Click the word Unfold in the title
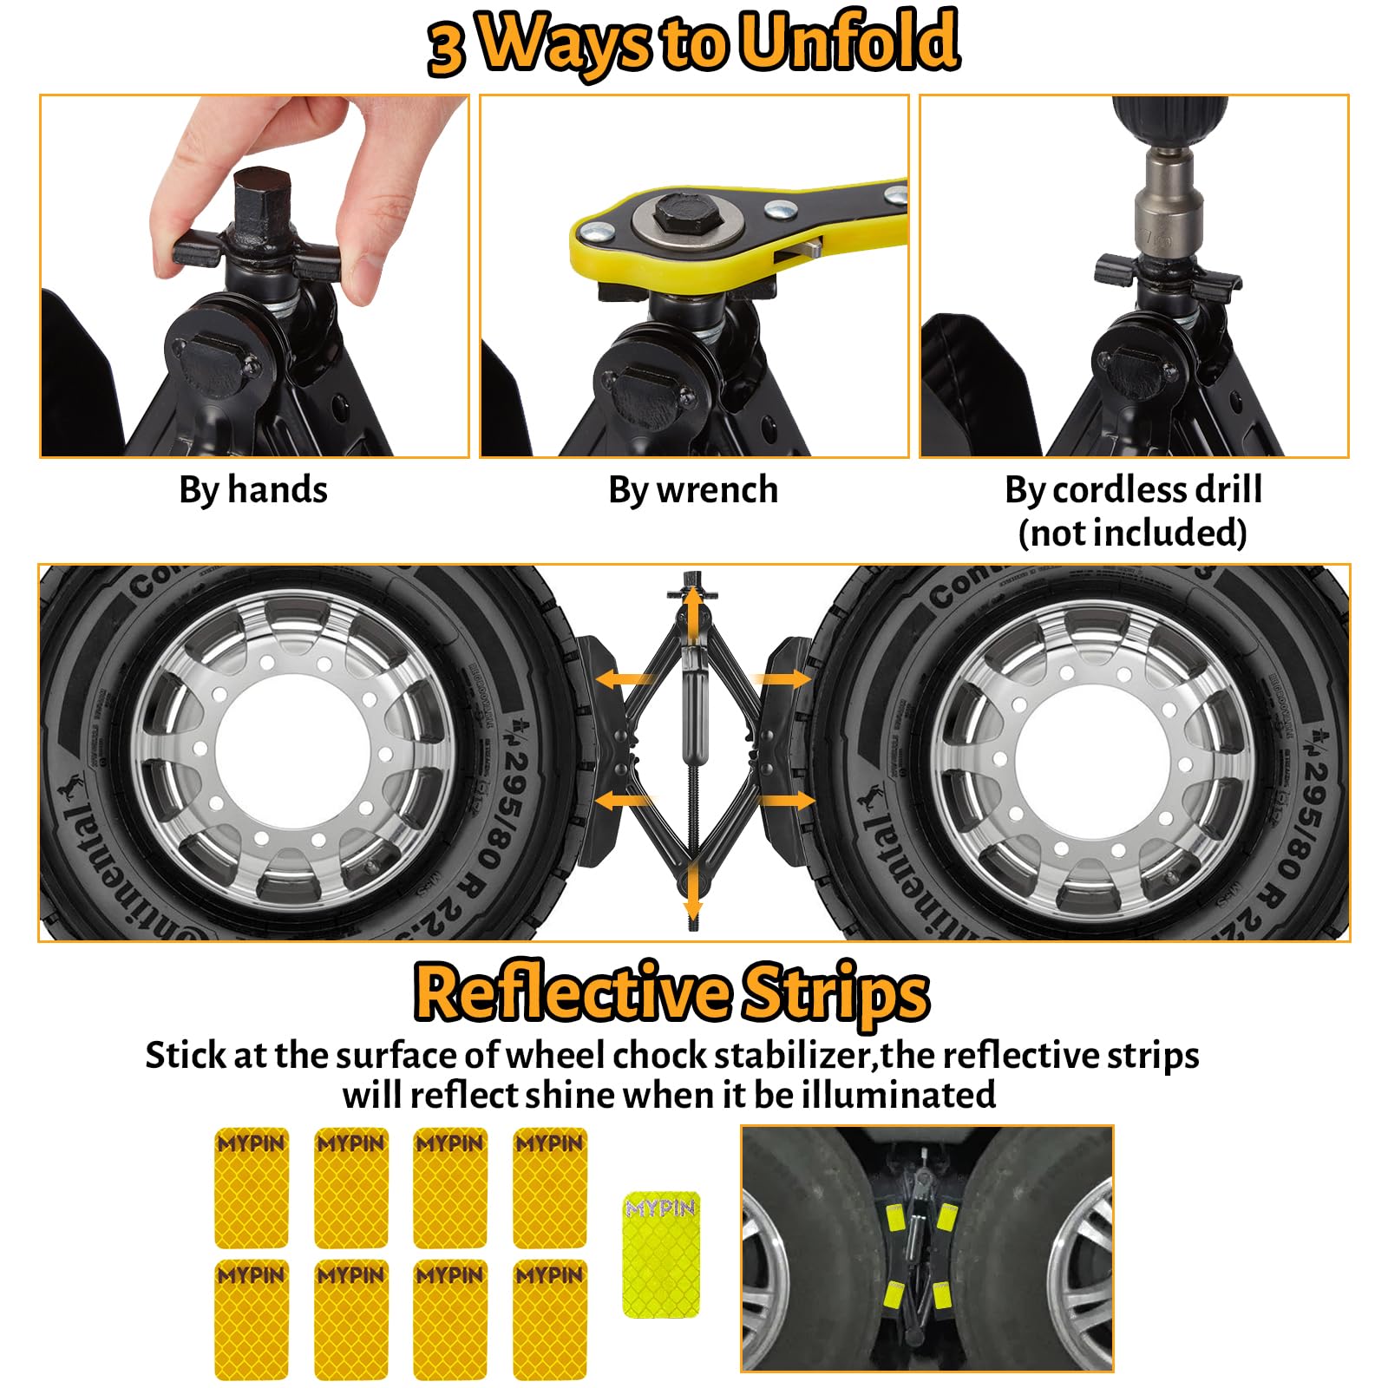pos(848,41)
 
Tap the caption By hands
pos(253,489)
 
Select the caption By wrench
pos(693,489)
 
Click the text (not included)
pos(1133,533)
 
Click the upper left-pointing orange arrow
pos(625,678)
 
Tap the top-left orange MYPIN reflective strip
pos(251,1186)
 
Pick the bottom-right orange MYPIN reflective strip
pos(550,1319)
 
